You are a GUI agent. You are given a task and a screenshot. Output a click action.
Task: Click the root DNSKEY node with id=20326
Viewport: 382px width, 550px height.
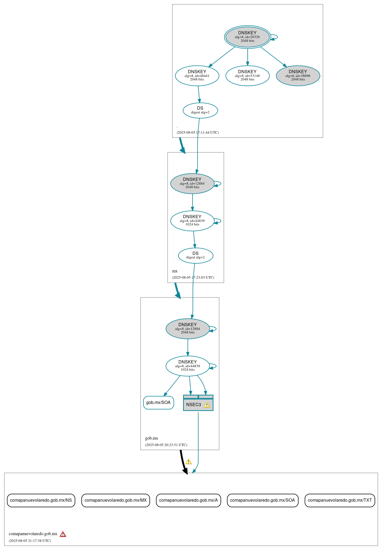[x=247, y=37]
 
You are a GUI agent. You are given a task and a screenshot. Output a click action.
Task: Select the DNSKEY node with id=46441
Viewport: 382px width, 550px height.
[x=197, y=76]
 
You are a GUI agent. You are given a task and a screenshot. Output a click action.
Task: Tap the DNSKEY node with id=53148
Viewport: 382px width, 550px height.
[x=247, y=76]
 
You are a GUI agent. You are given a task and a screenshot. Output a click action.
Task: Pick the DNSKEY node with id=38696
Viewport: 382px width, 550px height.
[x=298, y=76]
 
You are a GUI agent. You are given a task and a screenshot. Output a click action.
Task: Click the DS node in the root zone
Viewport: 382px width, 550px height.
[x=200, y=110]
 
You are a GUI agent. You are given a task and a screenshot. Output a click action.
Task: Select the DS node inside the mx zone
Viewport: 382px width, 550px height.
[x=195, y=255]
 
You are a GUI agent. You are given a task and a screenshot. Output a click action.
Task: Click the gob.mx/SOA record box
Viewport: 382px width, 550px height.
[x=158, y=403]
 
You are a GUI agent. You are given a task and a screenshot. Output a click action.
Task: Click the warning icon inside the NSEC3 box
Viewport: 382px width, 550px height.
[x=207, y=405]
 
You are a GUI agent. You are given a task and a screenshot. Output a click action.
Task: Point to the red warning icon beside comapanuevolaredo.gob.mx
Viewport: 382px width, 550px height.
[x=63, y=534]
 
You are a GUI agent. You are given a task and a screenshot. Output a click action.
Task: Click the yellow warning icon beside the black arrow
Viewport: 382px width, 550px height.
[x=188, y=461]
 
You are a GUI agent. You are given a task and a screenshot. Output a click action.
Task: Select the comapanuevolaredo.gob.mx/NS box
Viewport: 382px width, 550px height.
[x=41, y=500]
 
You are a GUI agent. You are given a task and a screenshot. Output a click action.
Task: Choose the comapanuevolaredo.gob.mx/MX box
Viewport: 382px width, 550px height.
[x=115, y=500]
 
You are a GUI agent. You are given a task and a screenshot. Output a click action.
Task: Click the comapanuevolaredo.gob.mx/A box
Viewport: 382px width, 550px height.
[x=188, y=500]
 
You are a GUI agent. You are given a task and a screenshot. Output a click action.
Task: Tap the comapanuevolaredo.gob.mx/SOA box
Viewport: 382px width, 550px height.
[x=263, y=500]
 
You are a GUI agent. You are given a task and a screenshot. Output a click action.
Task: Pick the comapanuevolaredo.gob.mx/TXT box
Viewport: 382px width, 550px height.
[x=340, y=500]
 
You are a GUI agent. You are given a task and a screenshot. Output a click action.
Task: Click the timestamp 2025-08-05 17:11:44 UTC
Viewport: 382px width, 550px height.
[x=198, y=133]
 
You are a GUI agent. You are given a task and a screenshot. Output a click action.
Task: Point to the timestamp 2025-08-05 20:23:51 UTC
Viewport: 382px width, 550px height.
[x=166, y=445]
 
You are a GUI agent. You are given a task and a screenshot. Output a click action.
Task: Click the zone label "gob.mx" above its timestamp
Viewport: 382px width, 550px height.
[x=152, y=438]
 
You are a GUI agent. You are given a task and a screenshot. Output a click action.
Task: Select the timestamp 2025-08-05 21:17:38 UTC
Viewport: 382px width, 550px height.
[x=30, y=541]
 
